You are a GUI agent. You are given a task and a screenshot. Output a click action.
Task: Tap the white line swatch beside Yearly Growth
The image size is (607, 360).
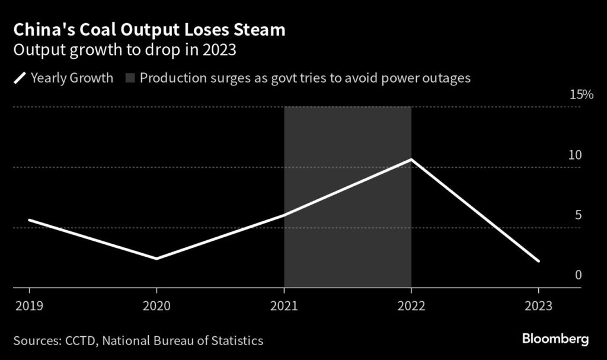tap(19, 78)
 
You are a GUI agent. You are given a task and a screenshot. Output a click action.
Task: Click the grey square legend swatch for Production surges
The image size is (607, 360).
tap(130, 78)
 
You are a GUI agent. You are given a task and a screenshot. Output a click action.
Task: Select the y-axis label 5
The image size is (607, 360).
tap(578, 215)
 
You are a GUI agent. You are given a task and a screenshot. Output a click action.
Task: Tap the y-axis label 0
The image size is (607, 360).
tap(578, 275)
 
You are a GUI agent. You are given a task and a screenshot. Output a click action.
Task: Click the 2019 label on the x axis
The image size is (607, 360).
tap(28, 306)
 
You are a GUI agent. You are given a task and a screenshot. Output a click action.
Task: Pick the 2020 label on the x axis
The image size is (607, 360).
tap(156, 306)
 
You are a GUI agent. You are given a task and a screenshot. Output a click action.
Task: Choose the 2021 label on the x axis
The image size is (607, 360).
tap(283, 306)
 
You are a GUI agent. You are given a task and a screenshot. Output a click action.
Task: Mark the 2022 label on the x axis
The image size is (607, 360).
tap(411, 306)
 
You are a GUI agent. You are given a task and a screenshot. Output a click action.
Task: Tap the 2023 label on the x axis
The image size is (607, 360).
tap(538, 306)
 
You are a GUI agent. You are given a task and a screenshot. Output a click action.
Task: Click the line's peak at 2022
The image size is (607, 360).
tap(411, 160)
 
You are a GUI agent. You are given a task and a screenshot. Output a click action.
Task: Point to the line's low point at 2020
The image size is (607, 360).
tap(156, 259)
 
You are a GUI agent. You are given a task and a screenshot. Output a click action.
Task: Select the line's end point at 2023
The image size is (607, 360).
tap(538, 260)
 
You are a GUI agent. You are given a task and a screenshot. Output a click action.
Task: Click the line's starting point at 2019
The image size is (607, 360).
tap(29, 220)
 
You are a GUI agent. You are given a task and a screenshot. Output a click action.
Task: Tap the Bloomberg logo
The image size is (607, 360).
tap(555, 339)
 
